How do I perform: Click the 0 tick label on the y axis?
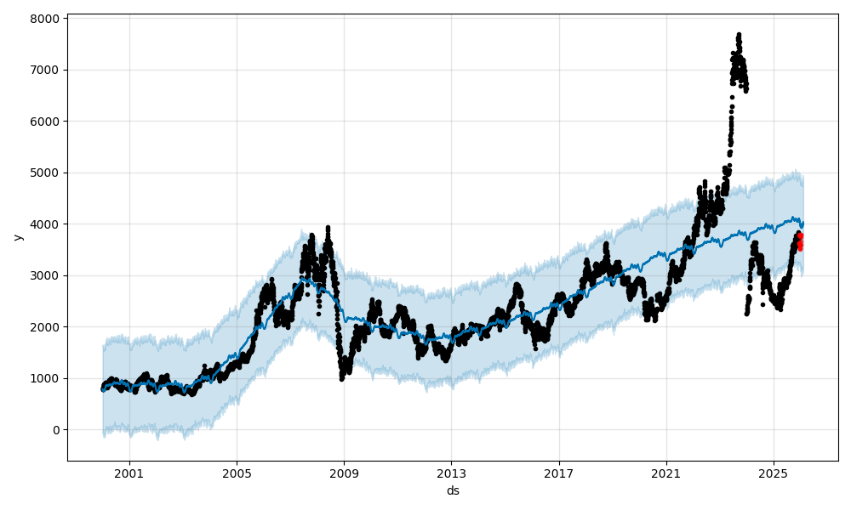click(x=55, y=430)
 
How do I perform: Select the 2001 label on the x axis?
click(x=129, y=473)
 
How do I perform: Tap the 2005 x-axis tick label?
click(x=237, y=473)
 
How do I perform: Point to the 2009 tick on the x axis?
click(x=344, y=473)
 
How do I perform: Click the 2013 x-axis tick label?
click(x=451, y=473)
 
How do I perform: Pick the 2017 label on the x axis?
click(x=559, y=473)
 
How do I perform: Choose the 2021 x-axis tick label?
click(x=666, y=473)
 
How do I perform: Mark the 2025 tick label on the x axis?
click(x=774, y=473)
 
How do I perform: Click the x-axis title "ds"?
click(x=453, y=490)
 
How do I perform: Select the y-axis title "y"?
click(x=16, y=237)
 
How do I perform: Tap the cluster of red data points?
click(x=800, y=241)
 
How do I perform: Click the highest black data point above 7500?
click(x=739, y=35)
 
